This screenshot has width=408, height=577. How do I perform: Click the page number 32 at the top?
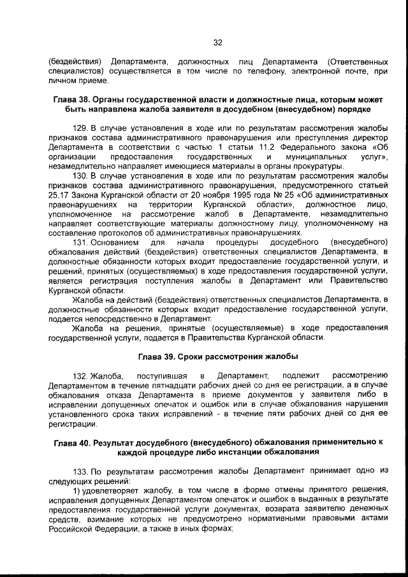click(217, 43)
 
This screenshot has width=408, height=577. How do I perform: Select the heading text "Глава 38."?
click(73, 100)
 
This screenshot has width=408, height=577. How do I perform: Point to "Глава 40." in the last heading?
click(73, 442)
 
